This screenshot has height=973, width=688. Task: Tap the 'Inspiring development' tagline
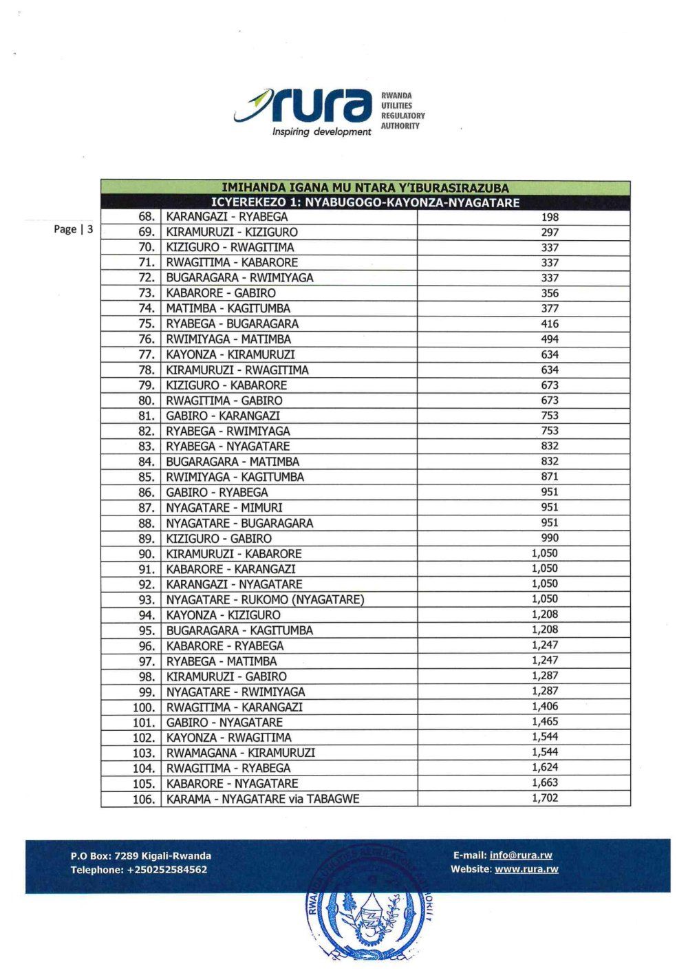pos(321,132)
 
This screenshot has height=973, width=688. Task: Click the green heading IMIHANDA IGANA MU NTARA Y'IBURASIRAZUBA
pos(365,187)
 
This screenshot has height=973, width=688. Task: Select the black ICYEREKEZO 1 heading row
pos(365,202)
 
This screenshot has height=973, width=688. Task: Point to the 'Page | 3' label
pos(73,229)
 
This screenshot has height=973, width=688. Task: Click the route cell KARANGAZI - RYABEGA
pos(227,217)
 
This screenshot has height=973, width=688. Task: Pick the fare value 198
pos(550,217)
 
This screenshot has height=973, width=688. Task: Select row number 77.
pos(146,355)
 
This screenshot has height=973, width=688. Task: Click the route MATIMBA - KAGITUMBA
pos(228,308)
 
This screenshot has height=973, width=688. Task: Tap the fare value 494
pos(550,339)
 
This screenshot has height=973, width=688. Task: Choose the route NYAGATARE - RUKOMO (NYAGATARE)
pos(265,599)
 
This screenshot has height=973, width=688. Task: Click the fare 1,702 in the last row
pos(545,798)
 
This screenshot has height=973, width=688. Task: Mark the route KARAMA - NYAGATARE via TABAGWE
pos(263,799)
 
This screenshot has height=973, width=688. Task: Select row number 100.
pos(144,707)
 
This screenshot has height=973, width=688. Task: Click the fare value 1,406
pos(545,707)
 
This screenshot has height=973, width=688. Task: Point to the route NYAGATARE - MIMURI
pos(224,508)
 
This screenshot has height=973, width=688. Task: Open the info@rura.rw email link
pos(521,855)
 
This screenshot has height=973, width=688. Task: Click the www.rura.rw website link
pos(526,869)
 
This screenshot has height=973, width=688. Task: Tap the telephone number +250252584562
pos(167,870)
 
